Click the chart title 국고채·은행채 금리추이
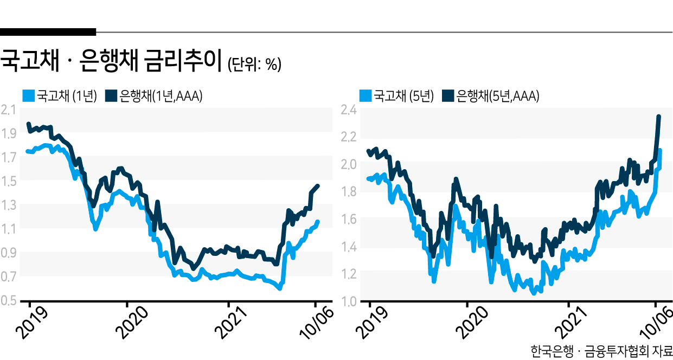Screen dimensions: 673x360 pos(111,61)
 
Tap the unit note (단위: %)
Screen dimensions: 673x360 pos(254,64)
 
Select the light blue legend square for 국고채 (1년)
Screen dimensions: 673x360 pos(29,96)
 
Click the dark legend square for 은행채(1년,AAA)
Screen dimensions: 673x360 pos(111,96)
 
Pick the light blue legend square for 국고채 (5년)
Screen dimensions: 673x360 pos(366,96)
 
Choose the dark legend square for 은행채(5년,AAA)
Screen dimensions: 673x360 pos(448,96)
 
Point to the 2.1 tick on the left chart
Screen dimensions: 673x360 pos(9,110)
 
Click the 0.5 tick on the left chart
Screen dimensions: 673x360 pos(9,300)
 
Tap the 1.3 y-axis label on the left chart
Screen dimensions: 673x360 pos(9,205)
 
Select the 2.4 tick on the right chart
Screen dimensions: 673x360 pos(349,110)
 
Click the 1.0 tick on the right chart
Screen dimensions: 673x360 pos(349,301)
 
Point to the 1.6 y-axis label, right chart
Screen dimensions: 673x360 pos(349,219)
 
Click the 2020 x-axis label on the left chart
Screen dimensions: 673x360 pos(132,322)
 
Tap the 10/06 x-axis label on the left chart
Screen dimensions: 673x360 pos(316,323)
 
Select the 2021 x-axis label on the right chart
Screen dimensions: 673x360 pos(571,323)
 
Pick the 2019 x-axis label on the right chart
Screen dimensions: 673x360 pos(372,323)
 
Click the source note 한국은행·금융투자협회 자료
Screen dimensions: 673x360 pos(601,351)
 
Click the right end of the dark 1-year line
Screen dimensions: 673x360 pos(318,186)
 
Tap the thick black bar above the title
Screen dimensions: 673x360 pos(48,32)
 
